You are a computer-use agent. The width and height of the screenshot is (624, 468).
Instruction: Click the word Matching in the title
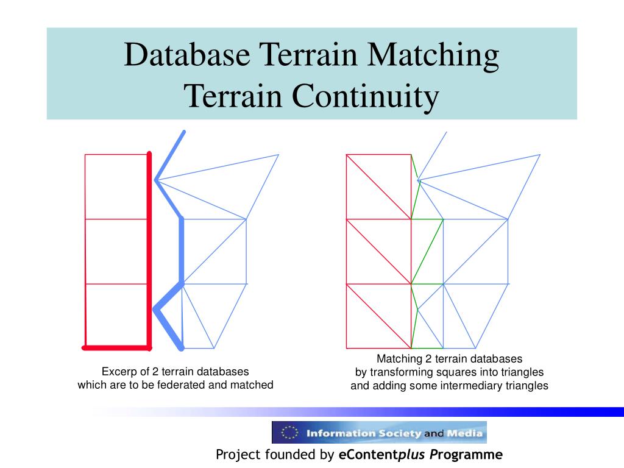coord(434,55)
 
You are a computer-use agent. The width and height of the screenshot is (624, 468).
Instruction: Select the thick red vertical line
coord(149,250)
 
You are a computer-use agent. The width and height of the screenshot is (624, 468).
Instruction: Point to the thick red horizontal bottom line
coord(116,348)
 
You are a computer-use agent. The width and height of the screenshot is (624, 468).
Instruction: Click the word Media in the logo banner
coord(465,434)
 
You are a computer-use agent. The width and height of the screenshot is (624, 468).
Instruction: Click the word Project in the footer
coord(238,455)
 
